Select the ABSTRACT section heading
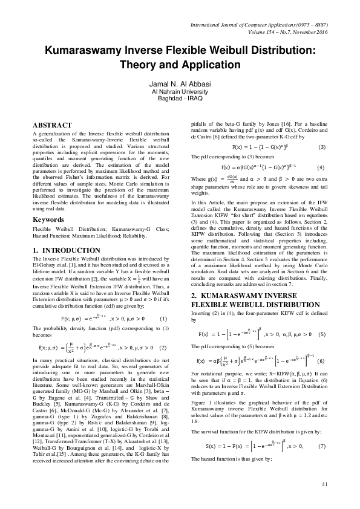53,125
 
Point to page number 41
324,484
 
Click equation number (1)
162,318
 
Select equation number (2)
162,348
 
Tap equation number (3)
321,147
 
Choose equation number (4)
321,167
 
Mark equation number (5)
321,334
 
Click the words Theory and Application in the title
180,64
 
